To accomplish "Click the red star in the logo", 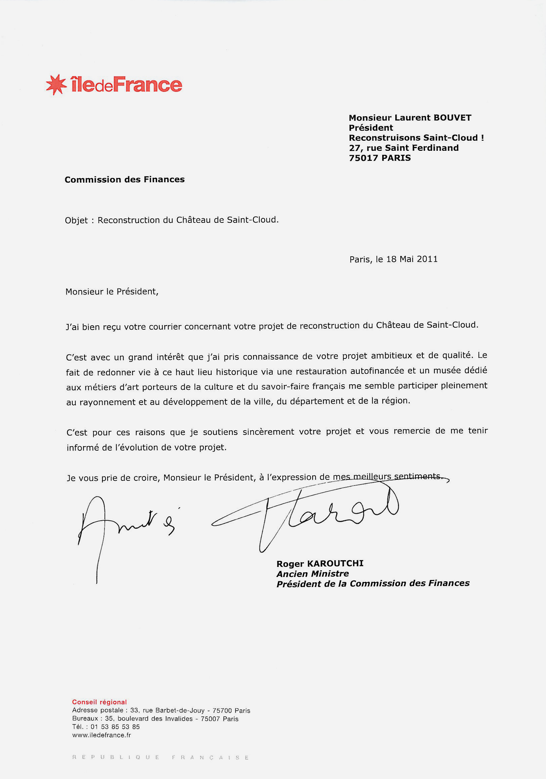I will pyautogui.click(x=56, y=84).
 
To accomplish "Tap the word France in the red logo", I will pyautogui.click(x=147, y=84).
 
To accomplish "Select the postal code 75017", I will pyautogui.click(x=363, y=158).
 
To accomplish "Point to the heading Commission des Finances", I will pyautogui.click(x=125, y=180).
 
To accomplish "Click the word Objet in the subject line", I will pyautogui.click(x=76, y=220).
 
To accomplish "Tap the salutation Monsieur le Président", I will pyautogui.click(x=112, y=292).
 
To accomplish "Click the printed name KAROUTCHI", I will pyautogui.click(x=335, y=564).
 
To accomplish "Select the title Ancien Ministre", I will pyautogui.click(x=312, y=574).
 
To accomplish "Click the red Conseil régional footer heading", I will pyautogui.click(x=99, y=702).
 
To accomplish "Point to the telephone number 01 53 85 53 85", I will pyautogui.click(x=115, y=727).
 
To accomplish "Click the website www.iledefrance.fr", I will pyautogui.click(x=101, y=735).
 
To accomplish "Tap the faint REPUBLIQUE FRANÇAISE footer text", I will pyautogui.click(x=161, y=757).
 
